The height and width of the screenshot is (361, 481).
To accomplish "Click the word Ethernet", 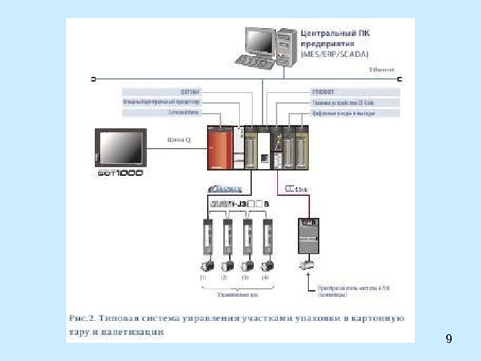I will [382, 69].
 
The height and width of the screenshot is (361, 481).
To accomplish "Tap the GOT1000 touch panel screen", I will [120, 149].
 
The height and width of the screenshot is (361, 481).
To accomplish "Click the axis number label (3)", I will [245, 277].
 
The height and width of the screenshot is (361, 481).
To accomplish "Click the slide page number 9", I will [448, 339].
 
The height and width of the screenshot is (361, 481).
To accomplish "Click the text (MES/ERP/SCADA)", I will [335, 53].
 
